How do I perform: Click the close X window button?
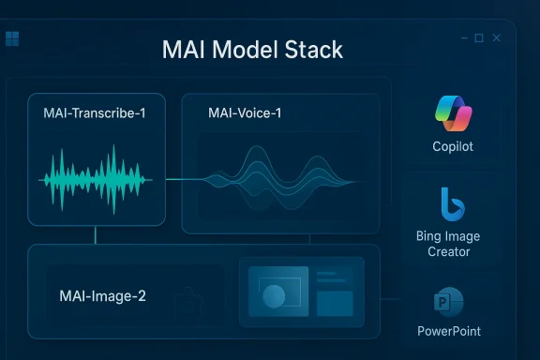tap(497, 38)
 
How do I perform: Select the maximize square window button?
tap(479, 38)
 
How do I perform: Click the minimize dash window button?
tap(462, 38)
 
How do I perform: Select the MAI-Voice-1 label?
tap(245, 113)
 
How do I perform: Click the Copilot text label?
tap(454, 147)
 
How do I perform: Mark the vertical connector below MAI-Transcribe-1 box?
tap(95, 235)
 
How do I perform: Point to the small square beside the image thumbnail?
tap(335, 303)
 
